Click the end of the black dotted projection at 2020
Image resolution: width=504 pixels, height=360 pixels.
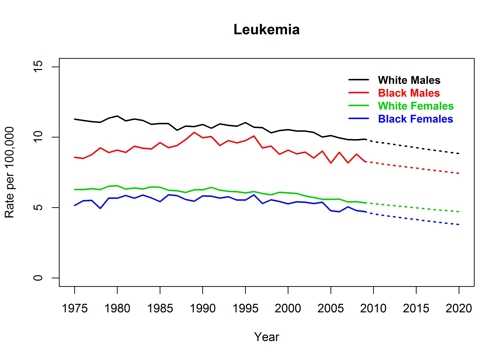pyautogui.click(x=459, y=154)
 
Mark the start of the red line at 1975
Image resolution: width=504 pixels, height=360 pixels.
pyautogui.click(x=75, y=157)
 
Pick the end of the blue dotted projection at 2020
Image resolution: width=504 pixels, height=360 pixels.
pyautogui.click(x=459, y=225)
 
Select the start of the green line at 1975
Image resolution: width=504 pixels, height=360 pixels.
pyautogui.click(x=75, y=190)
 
